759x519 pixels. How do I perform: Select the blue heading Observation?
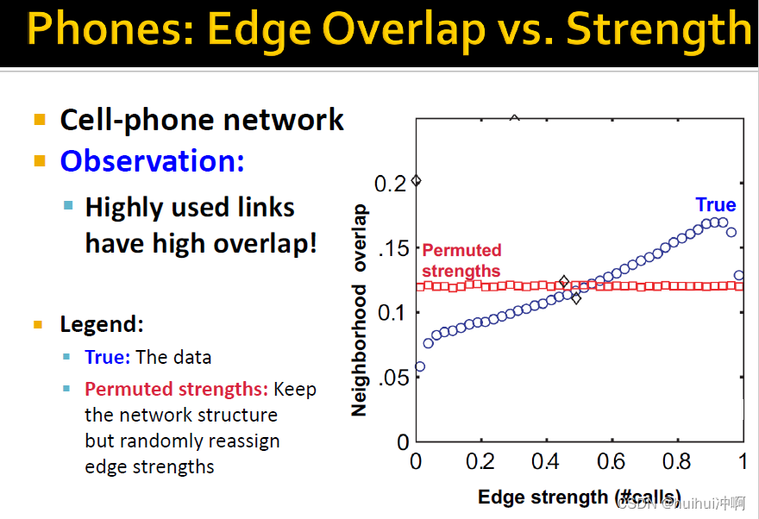(152, 160)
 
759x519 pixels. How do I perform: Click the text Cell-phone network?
(202, 120)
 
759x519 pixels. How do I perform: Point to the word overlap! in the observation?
(266, 244)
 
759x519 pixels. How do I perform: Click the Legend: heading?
(102, 324)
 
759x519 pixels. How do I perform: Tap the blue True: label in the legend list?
(108, 357)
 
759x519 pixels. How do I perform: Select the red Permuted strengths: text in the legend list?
(176, 389)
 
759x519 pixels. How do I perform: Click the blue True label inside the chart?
(715, 204)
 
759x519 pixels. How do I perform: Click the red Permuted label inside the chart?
(461, 250)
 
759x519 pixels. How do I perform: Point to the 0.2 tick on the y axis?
(390, 184)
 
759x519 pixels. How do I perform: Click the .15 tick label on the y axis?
(393, 248)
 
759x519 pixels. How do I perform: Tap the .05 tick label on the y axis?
(393, 378)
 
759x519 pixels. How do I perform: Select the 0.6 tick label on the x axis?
(611, 462)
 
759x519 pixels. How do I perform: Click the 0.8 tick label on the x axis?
(677, 462)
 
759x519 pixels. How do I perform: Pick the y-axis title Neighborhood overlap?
(359, 310)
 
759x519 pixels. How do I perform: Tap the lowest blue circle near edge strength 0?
(420, 366)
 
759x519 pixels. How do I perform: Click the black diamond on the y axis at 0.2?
(416, 181)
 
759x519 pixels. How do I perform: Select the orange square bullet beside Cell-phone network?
(40, 119)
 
